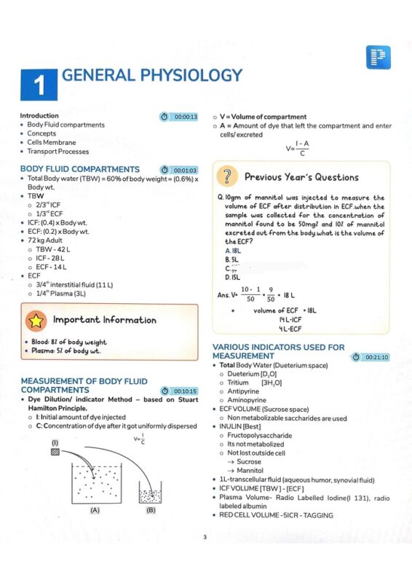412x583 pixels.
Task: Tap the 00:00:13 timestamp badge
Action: (x=179, y=117)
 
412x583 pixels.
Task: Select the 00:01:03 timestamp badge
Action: (x=179, y=170)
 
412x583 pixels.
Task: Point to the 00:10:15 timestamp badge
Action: (x=179, y=391)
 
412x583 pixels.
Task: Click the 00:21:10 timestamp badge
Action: (x=371, y=357)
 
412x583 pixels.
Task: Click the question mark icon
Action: (x=229, y=176)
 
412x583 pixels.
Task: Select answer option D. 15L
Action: (x=233, y=277)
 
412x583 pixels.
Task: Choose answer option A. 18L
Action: (x=232, y=251)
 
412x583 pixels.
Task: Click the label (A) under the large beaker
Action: (x=95, y=510)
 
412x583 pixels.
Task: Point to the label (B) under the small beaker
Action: (x=151, y=510)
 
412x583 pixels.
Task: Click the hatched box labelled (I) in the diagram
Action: (x=55, y=452)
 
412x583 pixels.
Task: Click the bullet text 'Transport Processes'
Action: (x=58, y=152)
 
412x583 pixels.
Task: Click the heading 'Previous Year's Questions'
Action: (x=301, y=177)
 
